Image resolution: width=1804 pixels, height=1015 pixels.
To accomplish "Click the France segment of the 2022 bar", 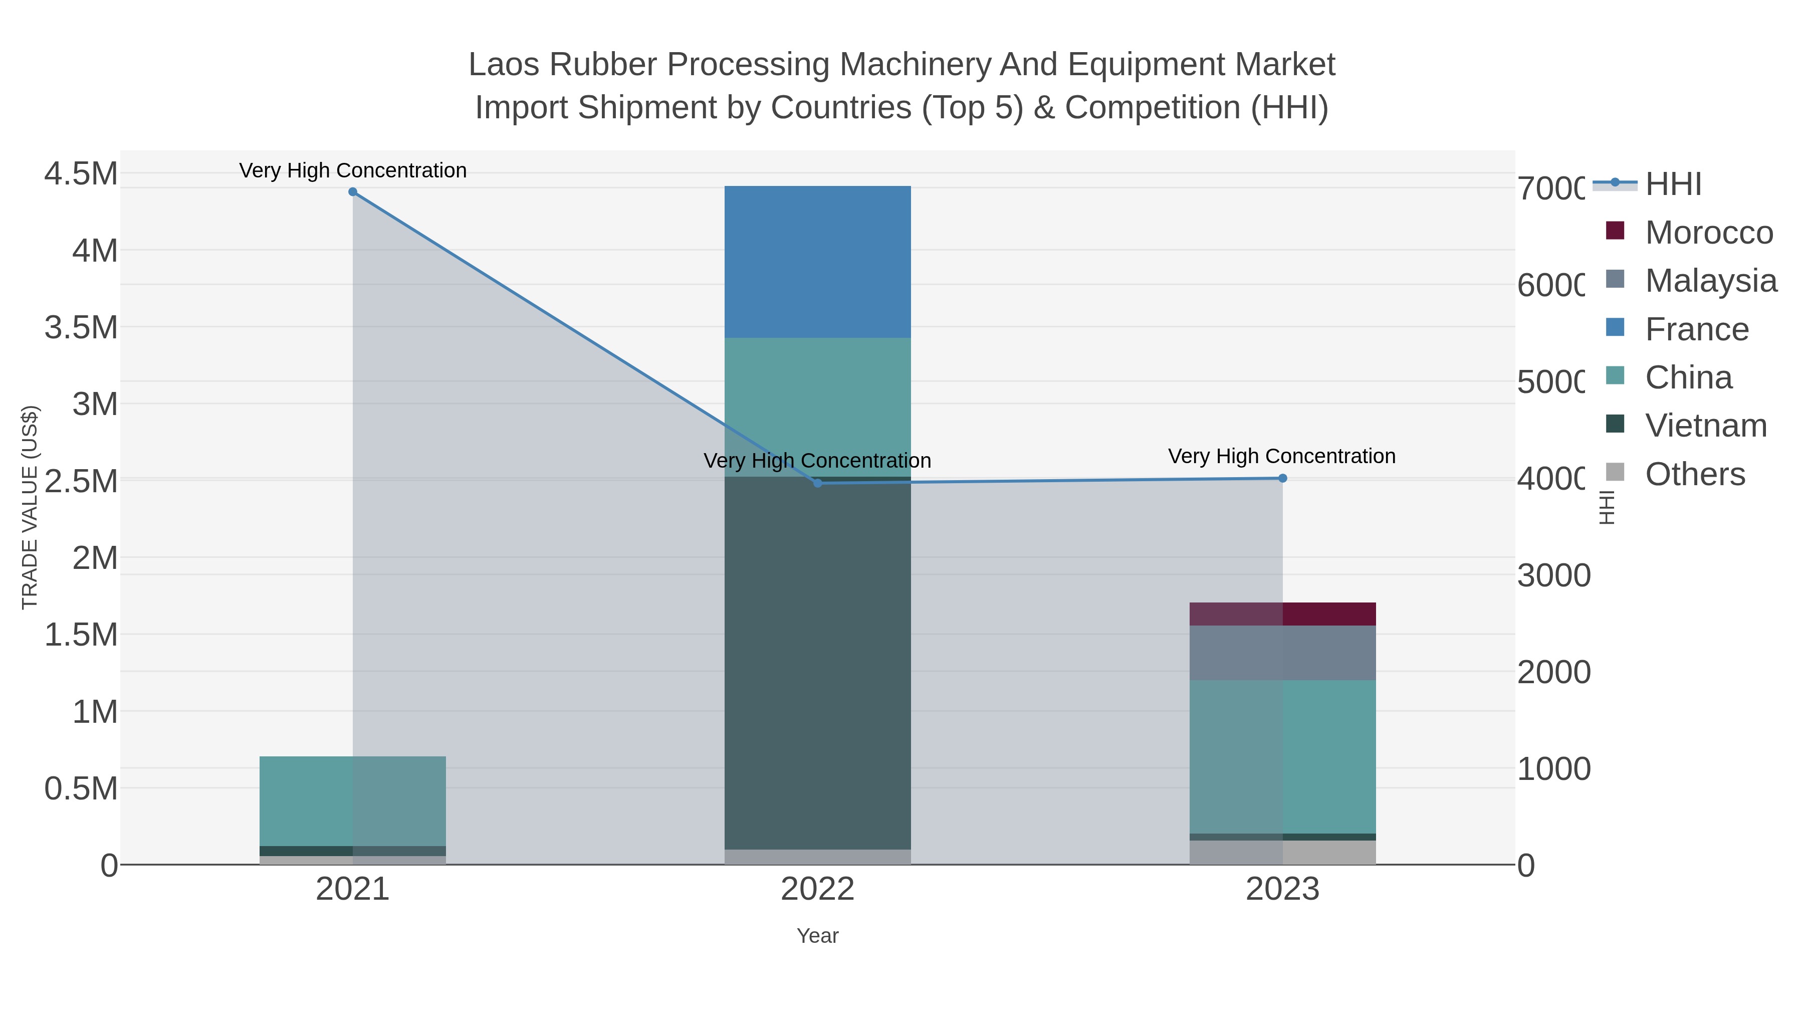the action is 817,262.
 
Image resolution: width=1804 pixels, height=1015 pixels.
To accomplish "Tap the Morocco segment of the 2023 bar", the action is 1282,614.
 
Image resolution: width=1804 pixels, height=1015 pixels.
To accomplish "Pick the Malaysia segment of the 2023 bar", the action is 1282,653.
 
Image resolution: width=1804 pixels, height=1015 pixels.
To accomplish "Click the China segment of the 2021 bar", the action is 352,800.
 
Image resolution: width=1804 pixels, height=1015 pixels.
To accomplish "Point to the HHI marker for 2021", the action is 352,192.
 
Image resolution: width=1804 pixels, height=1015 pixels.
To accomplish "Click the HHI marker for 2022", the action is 817,483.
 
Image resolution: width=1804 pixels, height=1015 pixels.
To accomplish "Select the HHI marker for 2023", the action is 1282,479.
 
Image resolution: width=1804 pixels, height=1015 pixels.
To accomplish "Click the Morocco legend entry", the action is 1708,233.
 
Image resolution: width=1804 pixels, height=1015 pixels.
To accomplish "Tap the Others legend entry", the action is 1694,474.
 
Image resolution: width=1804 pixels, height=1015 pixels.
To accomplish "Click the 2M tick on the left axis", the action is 95,558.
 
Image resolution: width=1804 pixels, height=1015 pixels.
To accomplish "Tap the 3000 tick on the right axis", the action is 1553,576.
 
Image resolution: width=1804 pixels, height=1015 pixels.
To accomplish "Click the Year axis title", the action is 817,936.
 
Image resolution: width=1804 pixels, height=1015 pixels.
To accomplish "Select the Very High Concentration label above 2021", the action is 352,170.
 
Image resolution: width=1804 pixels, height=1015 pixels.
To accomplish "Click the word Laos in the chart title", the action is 504,65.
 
